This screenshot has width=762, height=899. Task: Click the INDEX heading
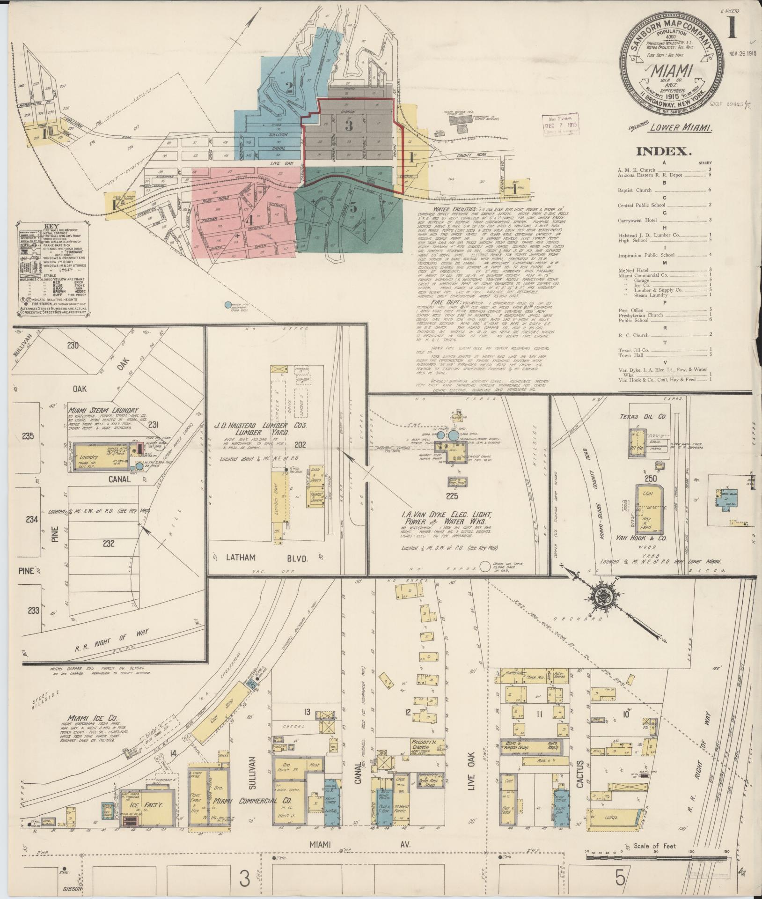pos(664,151)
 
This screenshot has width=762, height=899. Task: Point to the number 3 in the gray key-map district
pos(349,125)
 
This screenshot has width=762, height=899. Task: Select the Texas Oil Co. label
pos(638,416)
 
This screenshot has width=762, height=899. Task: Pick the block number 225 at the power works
pos(452,496)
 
